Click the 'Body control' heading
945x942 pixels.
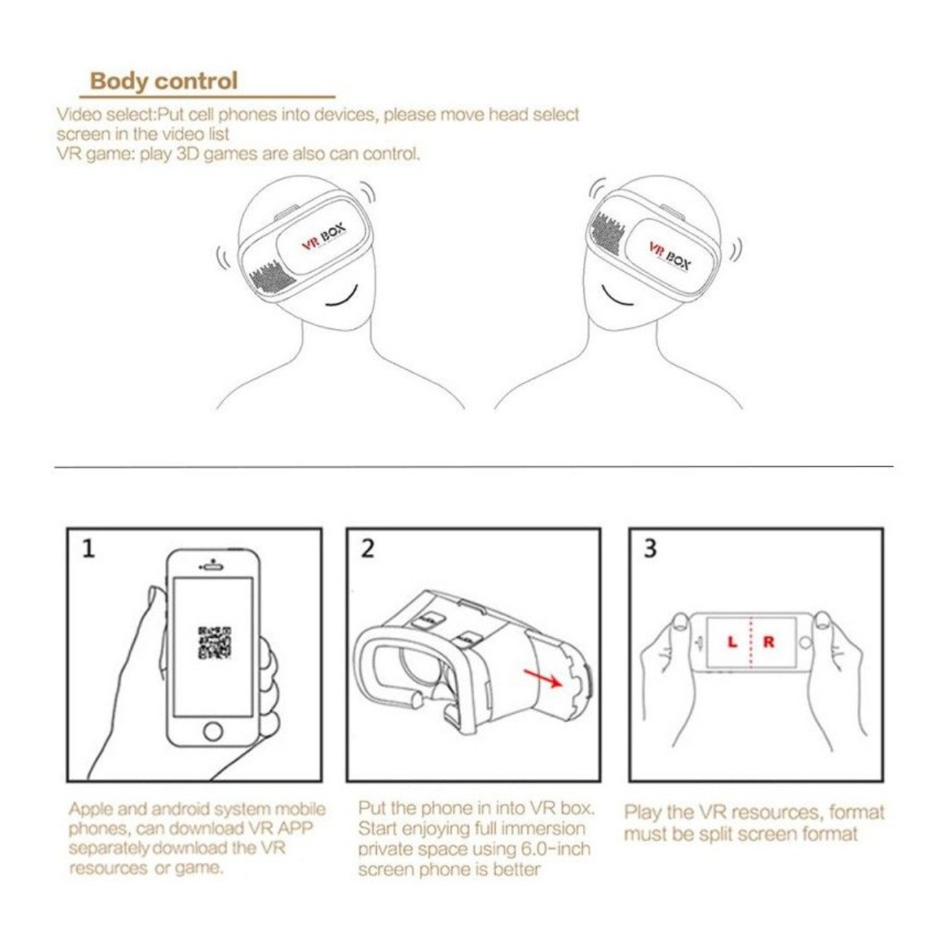coord(163,81)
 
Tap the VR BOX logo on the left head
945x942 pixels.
coord(323,237)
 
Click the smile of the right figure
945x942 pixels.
coord(619,300)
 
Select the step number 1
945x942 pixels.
coord(89,549)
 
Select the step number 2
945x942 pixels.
coord(367,549)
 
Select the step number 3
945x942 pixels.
coord(650,549)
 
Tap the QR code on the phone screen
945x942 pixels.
coord(214,642)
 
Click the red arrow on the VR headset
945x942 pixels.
coord(543,676)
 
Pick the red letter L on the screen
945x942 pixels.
coord(733,642)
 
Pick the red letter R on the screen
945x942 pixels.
coord(769,642)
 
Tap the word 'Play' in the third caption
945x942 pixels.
coord(642,812)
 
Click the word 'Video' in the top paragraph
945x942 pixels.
coord(76,114)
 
